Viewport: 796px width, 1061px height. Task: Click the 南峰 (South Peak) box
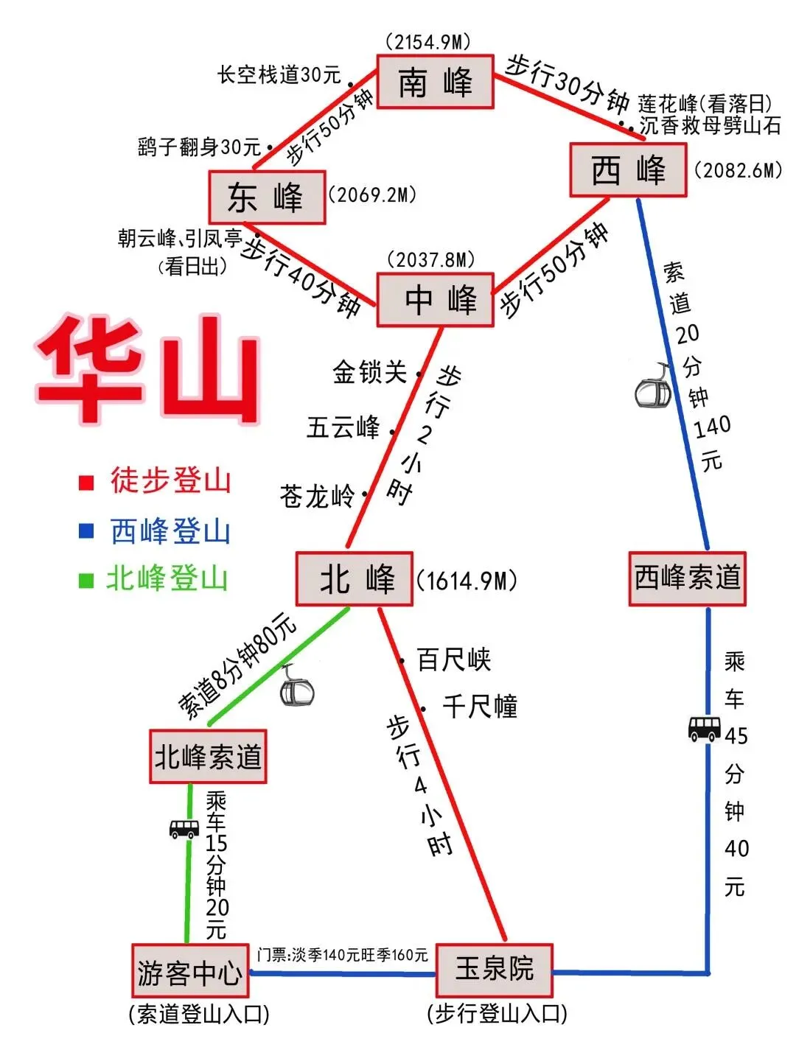pyautogui.click(x=435, y=82)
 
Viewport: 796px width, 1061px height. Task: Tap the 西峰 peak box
pyautogui.click(x=628, y=170)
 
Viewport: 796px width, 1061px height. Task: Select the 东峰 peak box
pyautogui.click(x=267, y=197)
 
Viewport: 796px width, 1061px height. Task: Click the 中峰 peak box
pyautogui.click(x=435, y=300)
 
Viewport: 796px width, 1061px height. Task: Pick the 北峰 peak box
pyautogui.click(x=354, y=579)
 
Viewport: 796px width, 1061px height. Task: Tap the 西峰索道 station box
pyautogui.click(x=687, y=578)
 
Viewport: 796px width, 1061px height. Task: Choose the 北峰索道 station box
pyautogui.click(x=208, y=757)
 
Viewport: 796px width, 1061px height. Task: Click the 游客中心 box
pyautogui.click(x=190, y=971)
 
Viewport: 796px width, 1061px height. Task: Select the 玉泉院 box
pyautogui.click(x=494, y=969)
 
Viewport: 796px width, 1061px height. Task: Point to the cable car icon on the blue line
pyautogui.click(x=653, y=387)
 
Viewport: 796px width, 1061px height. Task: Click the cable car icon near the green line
pyautogui.click(x=297, y=687)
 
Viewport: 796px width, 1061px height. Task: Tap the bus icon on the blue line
pyautogui.click(x=704, y=728)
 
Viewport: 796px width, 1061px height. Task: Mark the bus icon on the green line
pyautogui.click(x=184, y=828)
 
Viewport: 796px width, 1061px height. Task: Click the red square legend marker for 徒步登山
pyautogui.click(x=86, y=483)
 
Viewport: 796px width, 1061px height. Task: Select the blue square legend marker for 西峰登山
pyautogui.click(x=86, y=530)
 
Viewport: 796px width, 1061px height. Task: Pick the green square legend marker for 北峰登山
pyautogui.click(x=86, y=580)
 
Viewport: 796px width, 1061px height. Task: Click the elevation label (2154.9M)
pyautogui.click(x=428, y=42)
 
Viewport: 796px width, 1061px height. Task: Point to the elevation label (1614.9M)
pyautogui.click(x=467, y=581)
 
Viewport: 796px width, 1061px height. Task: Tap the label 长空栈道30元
pyautogui.click(x=279, y=74)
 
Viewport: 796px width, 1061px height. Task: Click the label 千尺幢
pyautogui.click(x=480, y=707)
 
